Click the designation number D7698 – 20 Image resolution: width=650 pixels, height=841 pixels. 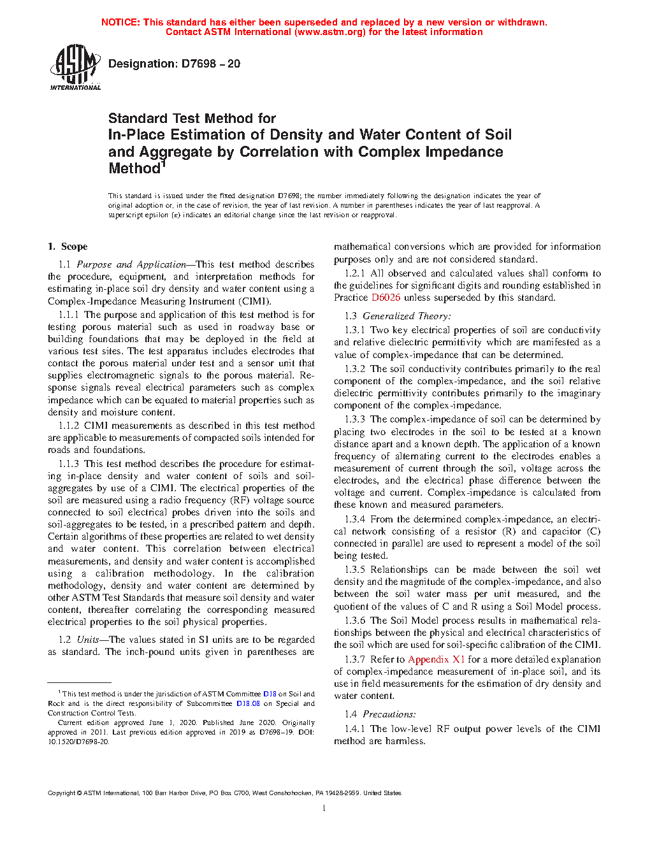coord(210,64)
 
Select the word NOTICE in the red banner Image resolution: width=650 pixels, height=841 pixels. coord(120,22)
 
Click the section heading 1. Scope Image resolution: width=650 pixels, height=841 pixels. coord(68,247)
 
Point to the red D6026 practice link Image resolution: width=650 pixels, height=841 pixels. coord(386,298)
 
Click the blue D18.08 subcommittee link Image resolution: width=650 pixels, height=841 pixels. coord(248,703)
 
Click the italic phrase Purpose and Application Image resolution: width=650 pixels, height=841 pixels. coord(131,264)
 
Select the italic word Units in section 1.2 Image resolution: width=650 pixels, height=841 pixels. coord(87,640)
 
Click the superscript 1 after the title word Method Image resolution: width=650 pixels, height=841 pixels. coord(163,164)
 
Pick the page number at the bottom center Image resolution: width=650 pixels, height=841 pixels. coord(324,809)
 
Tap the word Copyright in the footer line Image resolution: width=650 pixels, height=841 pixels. coord(61,793)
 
